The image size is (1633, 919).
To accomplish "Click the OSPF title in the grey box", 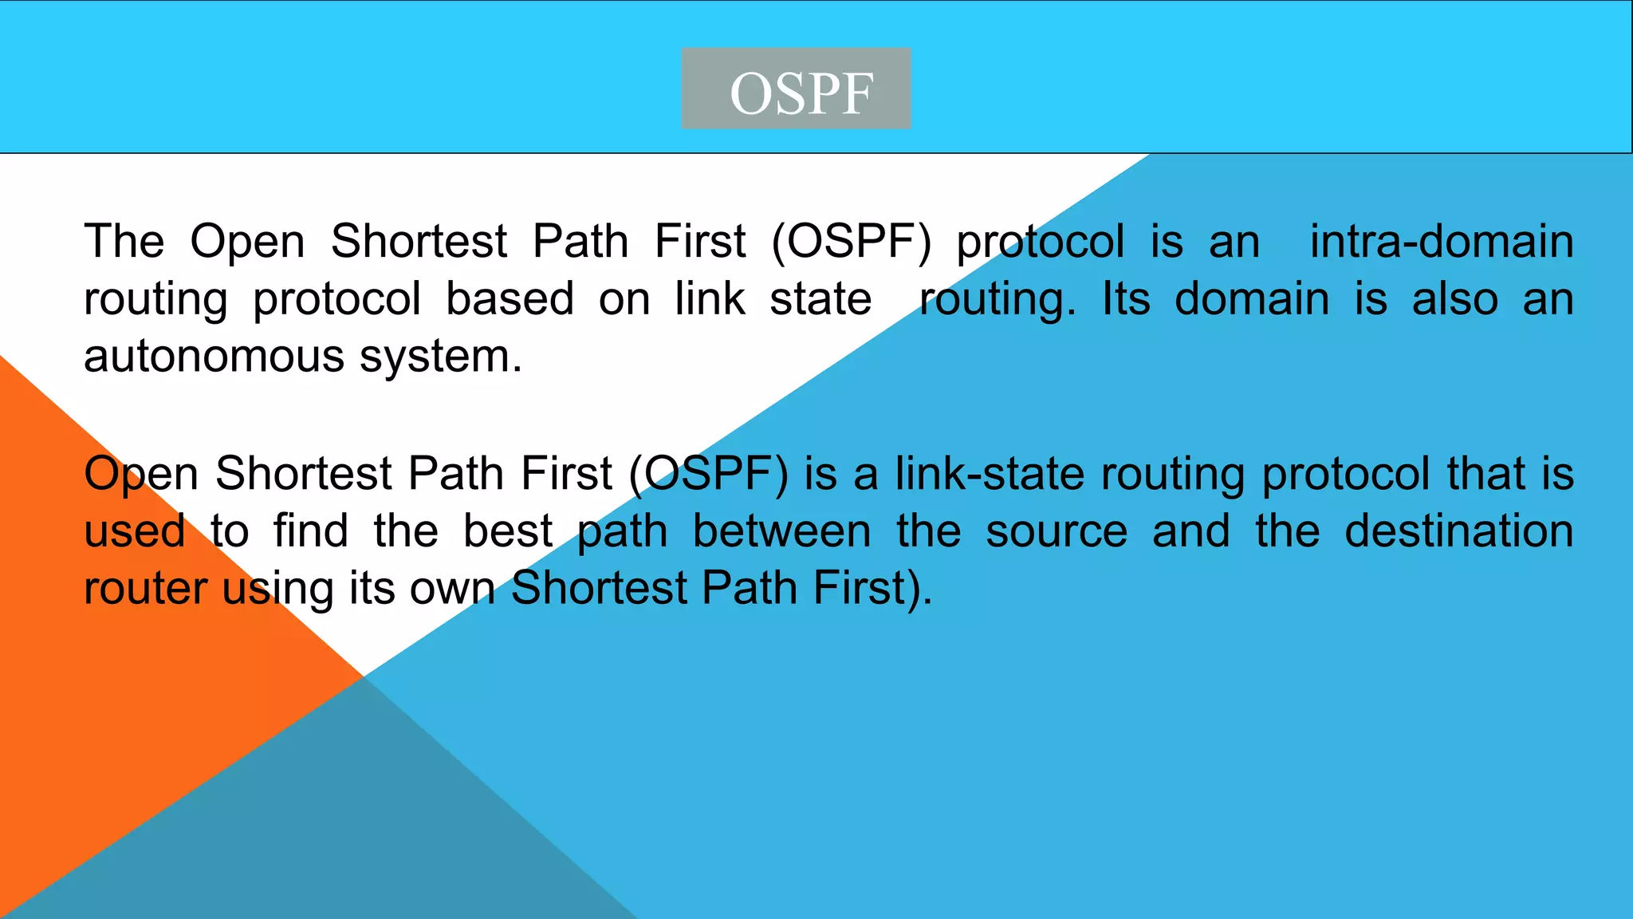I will tap(801, 93).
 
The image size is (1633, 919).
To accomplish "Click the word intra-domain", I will tap(1441, 241).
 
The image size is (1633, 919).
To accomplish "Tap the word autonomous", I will tap(214, 357).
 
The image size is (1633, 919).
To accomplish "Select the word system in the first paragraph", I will tap(440, 357).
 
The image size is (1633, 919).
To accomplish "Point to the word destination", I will tap(1458, 530).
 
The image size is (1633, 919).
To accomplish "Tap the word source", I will tap(1056, 532).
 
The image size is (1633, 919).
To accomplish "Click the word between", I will tap(781, 530).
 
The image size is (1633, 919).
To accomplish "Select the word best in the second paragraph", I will tap(508, 530).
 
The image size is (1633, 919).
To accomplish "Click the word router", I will tap(145, 589).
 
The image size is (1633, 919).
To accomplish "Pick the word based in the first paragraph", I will tap(509, 298).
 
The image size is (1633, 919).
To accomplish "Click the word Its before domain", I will tap(1126, 298).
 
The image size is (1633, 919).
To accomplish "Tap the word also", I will tap(1454, 298).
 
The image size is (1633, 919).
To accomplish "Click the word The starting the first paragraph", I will tap(124, 241).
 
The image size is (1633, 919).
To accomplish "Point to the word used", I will tap(135, 530).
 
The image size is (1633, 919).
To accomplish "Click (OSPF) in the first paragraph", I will tap(851, 242).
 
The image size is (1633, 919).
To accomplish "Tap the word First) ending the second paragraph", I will tap(872, 589).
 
